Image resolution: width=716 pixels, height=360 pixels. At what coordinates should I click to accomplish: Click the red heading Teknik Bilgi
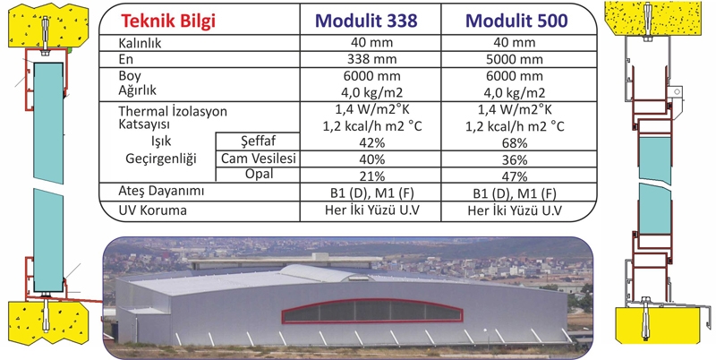[x=167, y=21]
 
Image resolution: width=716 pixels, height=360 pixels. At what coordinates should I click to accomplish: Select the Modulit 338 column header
[x=366, y=21]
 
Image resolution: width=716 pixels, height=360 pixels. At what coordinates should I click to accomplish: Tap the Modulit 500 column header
[x=516, y=21]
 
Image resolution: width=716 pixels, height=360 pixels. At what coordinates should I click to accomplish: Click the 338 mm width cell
[x=371, y=59]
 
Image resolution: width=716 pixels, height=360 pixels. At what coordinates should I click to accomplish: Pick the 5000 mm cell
[x=514, y=59]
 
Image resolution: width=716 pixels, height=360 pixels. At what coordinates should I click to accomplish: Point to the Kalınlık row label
[x=140, y=43]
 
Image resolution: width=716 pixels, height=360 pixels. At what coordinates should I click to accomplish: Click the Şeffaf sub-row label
[x=258, y=141]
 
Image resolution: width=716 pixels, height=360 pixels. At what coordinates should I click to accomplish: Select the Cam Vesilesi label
[x=259, y=159]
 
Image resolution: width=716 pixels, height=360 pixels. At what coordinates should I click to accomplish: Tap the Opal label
[x=259, y=174]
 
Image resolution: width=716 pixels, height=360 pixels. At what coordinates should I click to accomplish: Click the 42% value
[x=371, y=143]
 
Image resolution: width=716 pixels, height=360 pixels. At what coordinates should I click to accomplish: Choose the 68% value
[x=514, y=143]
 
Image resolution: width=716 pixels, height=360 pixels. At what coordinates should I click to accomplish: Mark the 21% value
[x=371, y=176]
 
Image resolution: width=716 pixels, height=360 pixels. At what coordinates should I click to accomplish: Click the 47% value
[x=514, y=176]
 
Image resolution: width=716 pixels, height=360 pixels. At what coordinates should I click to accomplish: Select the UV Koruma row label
[x=152, y=210]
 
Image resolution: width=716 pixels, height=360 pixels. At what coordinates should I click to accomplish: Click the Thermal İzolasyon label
[x=173, y=111]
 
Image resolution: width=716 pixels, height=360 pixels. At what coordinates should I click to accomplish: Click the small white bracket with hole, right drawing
[x=676, y=94]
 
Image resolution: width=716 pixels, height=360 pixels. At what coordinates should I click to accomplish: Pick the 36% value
[x=514, y=160]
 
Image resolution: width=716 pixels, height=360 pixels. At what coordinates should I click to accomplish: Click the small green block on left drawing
[x=70, y=50]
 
